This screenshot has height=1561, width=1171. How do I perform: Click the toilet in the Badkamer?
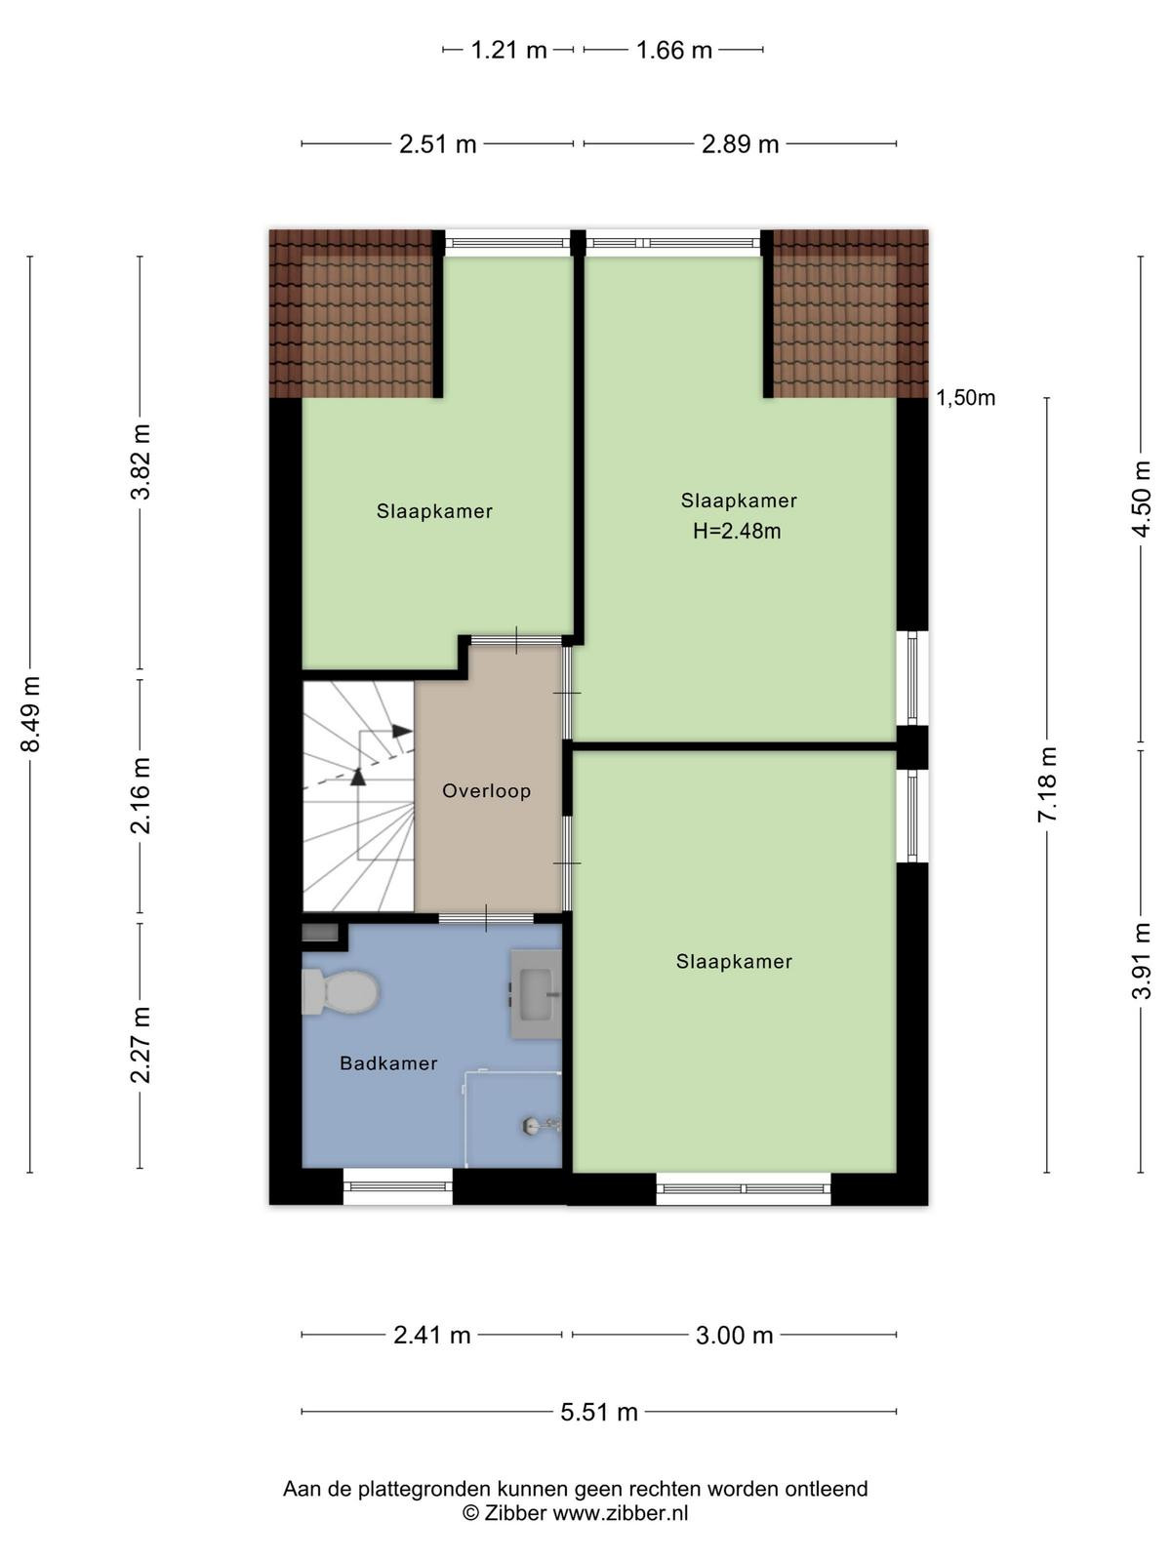coord(340,990)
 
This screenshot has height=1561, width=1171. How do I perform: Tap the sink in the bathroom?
coord(536,993)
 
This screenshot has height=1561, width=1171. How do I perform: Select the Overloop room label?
coord(486,791)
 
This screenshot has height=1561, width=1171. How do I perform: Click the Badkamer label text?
coord(388,1063)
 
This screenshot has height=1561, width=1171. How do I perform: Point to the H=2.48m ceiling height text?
coord(737,531)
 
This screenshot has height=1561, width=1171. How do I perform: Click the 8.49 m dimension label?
coord(30,713)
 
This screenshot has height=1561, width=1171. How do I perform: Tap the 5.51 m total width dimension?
coord(598,1412)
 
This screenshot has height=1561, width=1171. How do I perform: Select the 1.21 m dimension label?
coord(508,50)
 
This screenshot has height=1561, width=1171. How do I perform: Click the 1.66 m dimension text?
coord(673,50)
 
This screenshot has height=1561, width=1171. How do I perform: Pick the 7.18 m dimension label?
coord(1047,783)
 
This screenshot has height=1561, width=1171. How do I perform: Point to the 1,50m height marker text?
coord(965,397)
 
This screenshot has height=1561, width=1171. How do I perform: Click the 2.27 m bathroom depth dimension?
coord(141,1045)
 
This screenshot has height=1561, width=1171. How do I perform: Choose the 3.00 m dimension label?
coord(734,1335)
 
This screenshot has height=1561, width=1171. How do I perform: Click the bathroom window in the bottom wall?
coord(397,1187)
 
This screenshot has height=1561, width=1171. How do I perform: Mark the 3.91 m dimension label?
coord(1142,960)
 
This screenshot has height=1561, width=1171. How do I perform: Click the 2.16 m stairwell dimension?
coord(141,795)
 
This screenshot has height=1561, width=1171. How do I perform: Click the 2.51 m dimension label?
coord(437,143)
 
